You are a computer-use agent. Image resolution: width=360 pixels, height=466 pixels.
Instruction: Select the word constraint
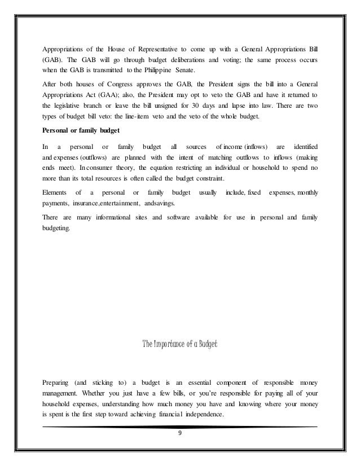(x=197, y=179)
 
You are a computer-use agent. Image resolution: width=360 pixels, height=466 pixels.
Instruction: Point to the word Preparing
(x=59, y=376)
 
